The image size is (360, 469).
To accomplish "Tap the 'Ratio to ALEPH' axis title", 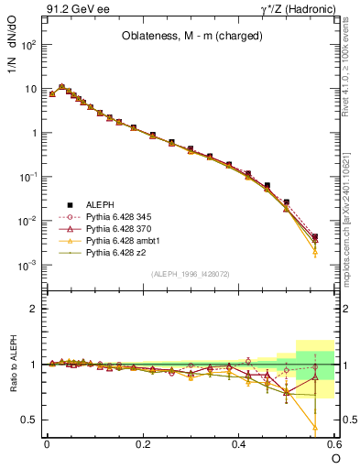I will coord(13,365).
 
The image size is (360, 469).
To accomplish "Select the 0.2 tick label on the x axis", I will coord(143,444).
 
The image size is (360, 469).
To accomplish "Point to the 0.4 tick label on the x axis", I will coord(239,444).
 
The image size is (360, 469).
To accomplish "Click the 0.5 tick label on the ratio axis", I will coord(30,420).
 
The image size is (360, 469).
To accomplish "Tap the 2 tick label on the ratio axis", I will coord(34,309).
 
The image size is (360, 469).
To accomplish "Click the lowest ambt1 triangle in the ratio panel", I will coord(315,428).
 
